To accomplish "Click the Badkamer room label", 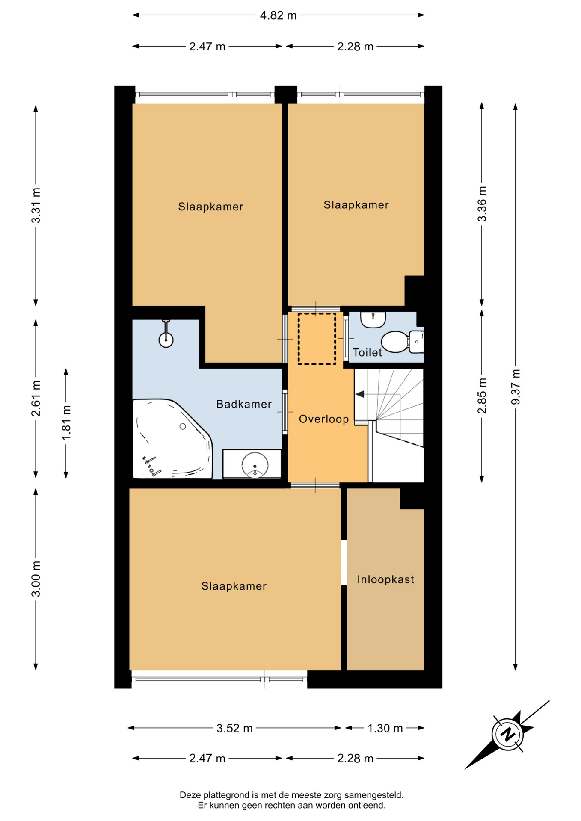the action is [244, 404].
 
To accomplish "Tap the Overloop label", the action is [324, 419].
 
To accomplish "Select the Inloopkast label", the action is [385, 579].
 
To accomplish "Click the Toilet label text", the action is [367, 352].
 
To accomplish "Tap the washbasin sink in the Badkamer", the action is [255, 464].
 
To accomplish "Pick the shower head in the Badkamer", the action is [166, 334].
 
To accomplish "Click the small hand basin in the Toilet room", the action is [373, 319].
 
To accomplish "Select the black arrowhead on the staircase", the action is [360, 394].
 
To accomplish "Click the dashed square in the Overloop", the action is [317, 339].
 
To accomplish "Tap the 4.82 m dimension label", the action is [278, 15].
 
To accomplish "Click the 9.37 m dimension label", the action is [516, 387].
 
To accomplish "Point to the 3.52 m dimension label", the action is [234, 728].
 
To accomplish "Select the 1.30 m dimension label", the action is [385, 728].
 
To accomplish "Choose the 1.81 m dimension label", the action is [66, 422].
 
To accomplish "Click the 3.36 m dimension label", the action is [482, 204].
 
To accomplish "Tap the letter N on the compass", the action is [508, 734].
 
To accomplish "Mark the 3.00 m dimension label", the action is [36, 579].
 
